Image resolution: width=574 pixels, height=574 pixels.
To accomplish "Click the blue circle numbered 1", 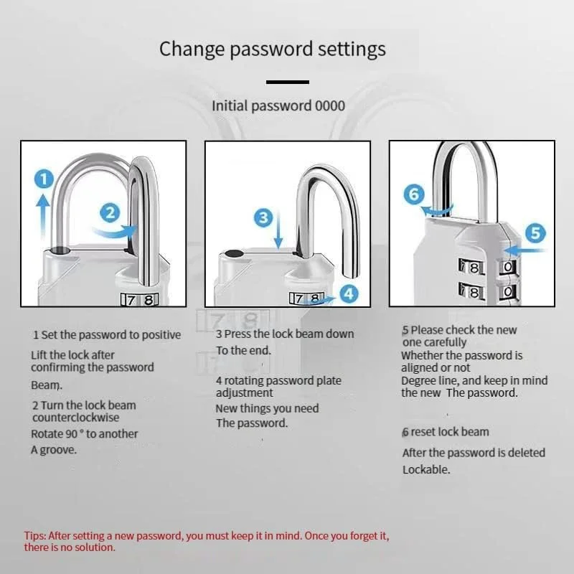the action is tap(44, 179).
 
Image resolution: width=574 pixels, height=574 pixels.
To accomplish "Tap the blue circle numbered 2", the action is tap(110, 212).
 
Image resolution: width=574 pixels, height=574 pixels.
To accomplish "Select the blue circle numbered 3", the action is tap(263, 218).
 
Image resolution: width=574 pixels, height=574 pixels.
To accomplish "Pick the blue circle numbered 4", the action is tap(349, 293).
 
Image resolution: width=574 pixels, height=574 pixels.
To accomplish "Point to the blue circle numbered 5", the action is tap(535, 233).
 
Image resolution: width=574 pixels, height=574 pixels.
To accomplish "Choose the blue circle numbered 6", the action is tap(414, 194).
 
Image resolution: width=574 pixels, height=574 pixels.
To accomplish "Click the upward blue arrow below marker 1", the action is tap(43, 216).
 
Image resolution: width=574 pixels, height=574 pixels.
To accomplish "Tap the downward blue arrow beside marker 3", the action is tap(278, 230).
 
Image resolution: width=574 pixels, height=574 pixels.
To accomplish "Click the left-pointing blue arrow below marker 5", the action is tap(525, 250).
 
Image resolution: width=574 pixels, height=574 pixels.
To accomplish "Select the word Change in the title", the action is tap(192, 50).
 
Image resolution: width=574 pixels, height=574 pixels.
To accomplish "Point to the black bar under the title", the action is tap(288, 82).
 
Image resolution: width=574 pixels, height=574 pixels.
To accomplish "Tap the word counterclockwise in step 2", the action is tap(76, 418).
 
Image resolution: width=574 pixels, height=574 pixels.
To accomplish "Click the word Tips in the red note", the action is tap(34, 536).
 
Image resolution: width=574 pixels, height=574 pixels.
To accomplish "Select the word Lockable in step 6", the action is tap(426, 469).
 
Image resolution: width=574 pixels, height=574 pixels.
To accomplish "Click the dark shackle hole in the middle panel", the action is tap(234, 254).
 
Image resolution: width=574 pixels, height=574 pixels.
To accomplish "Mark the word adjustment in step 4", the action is tap(244, 393).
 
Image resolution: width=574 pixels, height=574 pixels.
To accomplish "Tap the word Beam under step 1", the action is tap(47, 385).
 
